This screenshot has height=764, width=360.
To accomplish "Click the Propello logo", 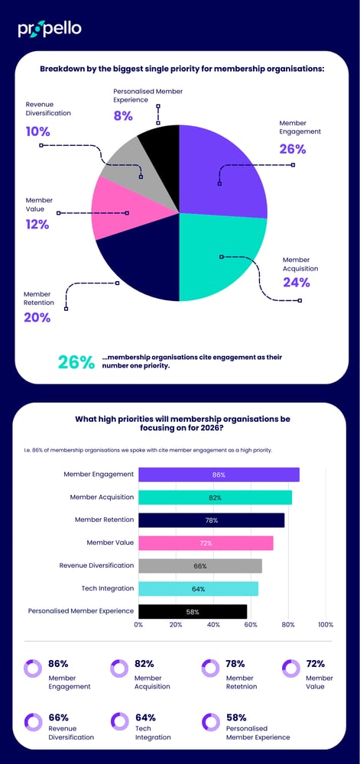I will (50, 29).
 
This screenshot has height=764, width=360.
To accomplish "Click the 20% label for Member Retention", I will (37, 317).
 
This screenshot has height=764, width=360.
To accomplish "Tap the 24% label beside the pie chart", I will (296, 282).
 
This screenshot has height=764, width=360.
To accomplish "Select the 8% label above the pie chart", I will (122, 116).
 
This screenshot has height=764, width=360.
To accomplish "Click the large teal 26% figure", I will (76, 362).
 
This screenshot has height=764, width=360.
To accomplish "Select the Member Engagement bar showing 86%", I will (219, 474).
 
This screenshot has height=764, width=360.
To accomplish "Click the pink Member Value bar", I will (206, 543).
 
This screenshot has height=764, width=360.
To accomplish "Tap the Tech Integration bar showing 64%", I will (198, 588).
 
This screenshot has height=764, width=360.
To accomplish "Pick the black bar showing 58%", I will (193, 611).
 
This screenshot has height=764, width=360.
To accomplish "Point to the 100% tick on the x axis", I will (326, 624).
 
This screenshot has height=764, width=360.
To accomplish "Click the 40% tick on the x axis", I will (213, 624).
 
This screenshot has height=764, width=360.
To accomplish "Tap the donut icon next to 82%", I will (119, 668).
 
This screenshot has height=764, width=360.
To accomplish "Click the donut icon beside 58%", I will (212, 722).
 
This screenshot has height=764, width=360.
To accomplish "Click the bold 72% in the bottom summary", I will (315, 664).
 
